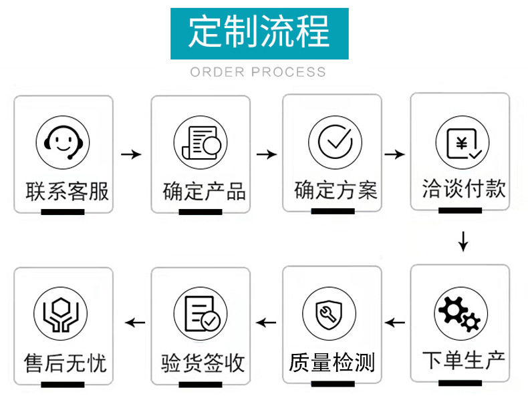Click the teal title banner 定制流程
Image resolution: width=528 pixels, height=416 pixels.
click(259, 33)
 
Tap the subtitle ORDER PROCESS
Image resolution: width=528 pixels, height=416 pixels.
click(258, 72)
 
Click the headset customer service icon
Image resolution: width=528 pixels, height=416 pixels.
click(63, 142)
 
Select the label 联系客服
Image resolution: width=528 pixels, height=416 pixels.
click(67, 192)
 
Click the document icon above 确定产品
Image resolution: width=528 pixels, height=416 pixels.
click(201, 143)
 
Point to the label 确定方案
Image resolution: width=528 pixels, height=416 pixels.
click(336, 190)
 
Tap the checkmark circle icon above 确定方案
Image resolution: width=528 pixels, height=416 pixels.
click(335, 142)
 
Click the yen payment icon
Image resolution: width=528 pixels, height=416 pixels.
click(462, 143)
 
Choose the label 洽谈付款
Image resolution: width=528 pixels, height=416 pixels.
click(463, 188)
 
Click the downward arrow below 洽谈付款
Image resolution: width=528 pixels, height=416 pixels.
click(463, 241)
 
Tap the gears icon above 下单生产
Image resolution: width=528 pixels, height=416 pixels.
click(460, 314)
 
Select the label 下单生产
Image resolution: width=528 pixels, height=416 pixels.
click(463, 361)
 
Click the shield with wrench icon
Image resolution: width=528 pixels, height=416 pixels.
click(329, 313)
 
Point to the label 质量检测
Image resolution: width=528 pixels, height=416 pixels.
click(332, 363)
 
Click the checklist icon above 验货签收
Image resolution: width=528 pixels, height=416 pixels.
click(201, 314)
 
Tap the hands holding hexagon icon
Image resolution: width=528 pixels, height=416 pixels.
click(61, 314)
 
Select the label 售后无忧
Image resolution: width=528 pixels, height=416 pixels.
click(65, 363)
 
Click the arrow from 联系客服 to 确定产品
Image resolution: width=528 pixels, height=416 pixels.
click(131, 154)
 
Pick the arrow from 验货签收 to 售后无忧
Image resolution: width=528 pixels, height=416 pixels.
click(135, 323)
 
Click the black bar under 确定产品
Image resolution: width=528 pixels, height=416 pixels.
click(201, 212)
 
